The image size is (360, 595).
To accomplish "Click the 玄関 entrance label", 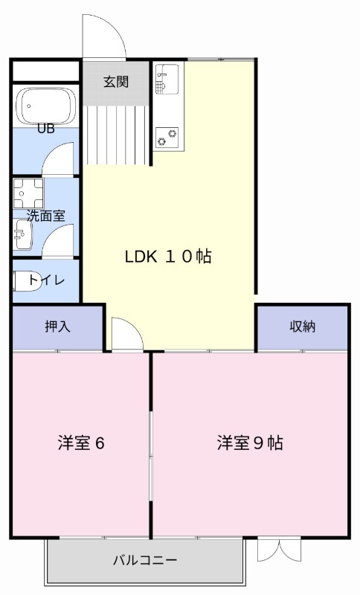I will (x=116, y=81).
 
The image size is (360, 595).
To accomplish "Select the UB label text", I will (x=46, y=128).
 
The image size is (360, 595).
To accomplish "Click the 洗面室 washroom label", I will (x=45, y=216).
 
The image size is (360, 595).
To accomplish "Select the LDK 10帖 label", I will (x=168, y=257).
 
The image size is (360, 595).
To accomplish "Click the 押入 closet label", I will (x=57, y=326).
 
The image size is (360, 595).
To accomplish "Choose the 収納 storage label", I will (x=303, y=326).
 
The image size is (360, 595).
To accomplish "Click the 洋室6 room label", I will (x=80, y=443).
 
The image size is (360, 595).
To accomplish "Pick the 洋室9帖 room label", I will (x=249, y=443).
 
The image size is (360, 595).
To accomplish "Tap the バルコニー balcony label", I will (x=145, y=559).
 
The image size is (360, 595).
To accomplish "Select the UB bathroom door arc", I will (x=60, y=160).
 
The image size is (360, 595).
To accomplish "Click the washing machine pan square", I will (x=28, y=193).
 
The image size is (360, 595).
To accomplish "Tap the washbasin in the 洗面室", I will (x=22, y=234).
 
